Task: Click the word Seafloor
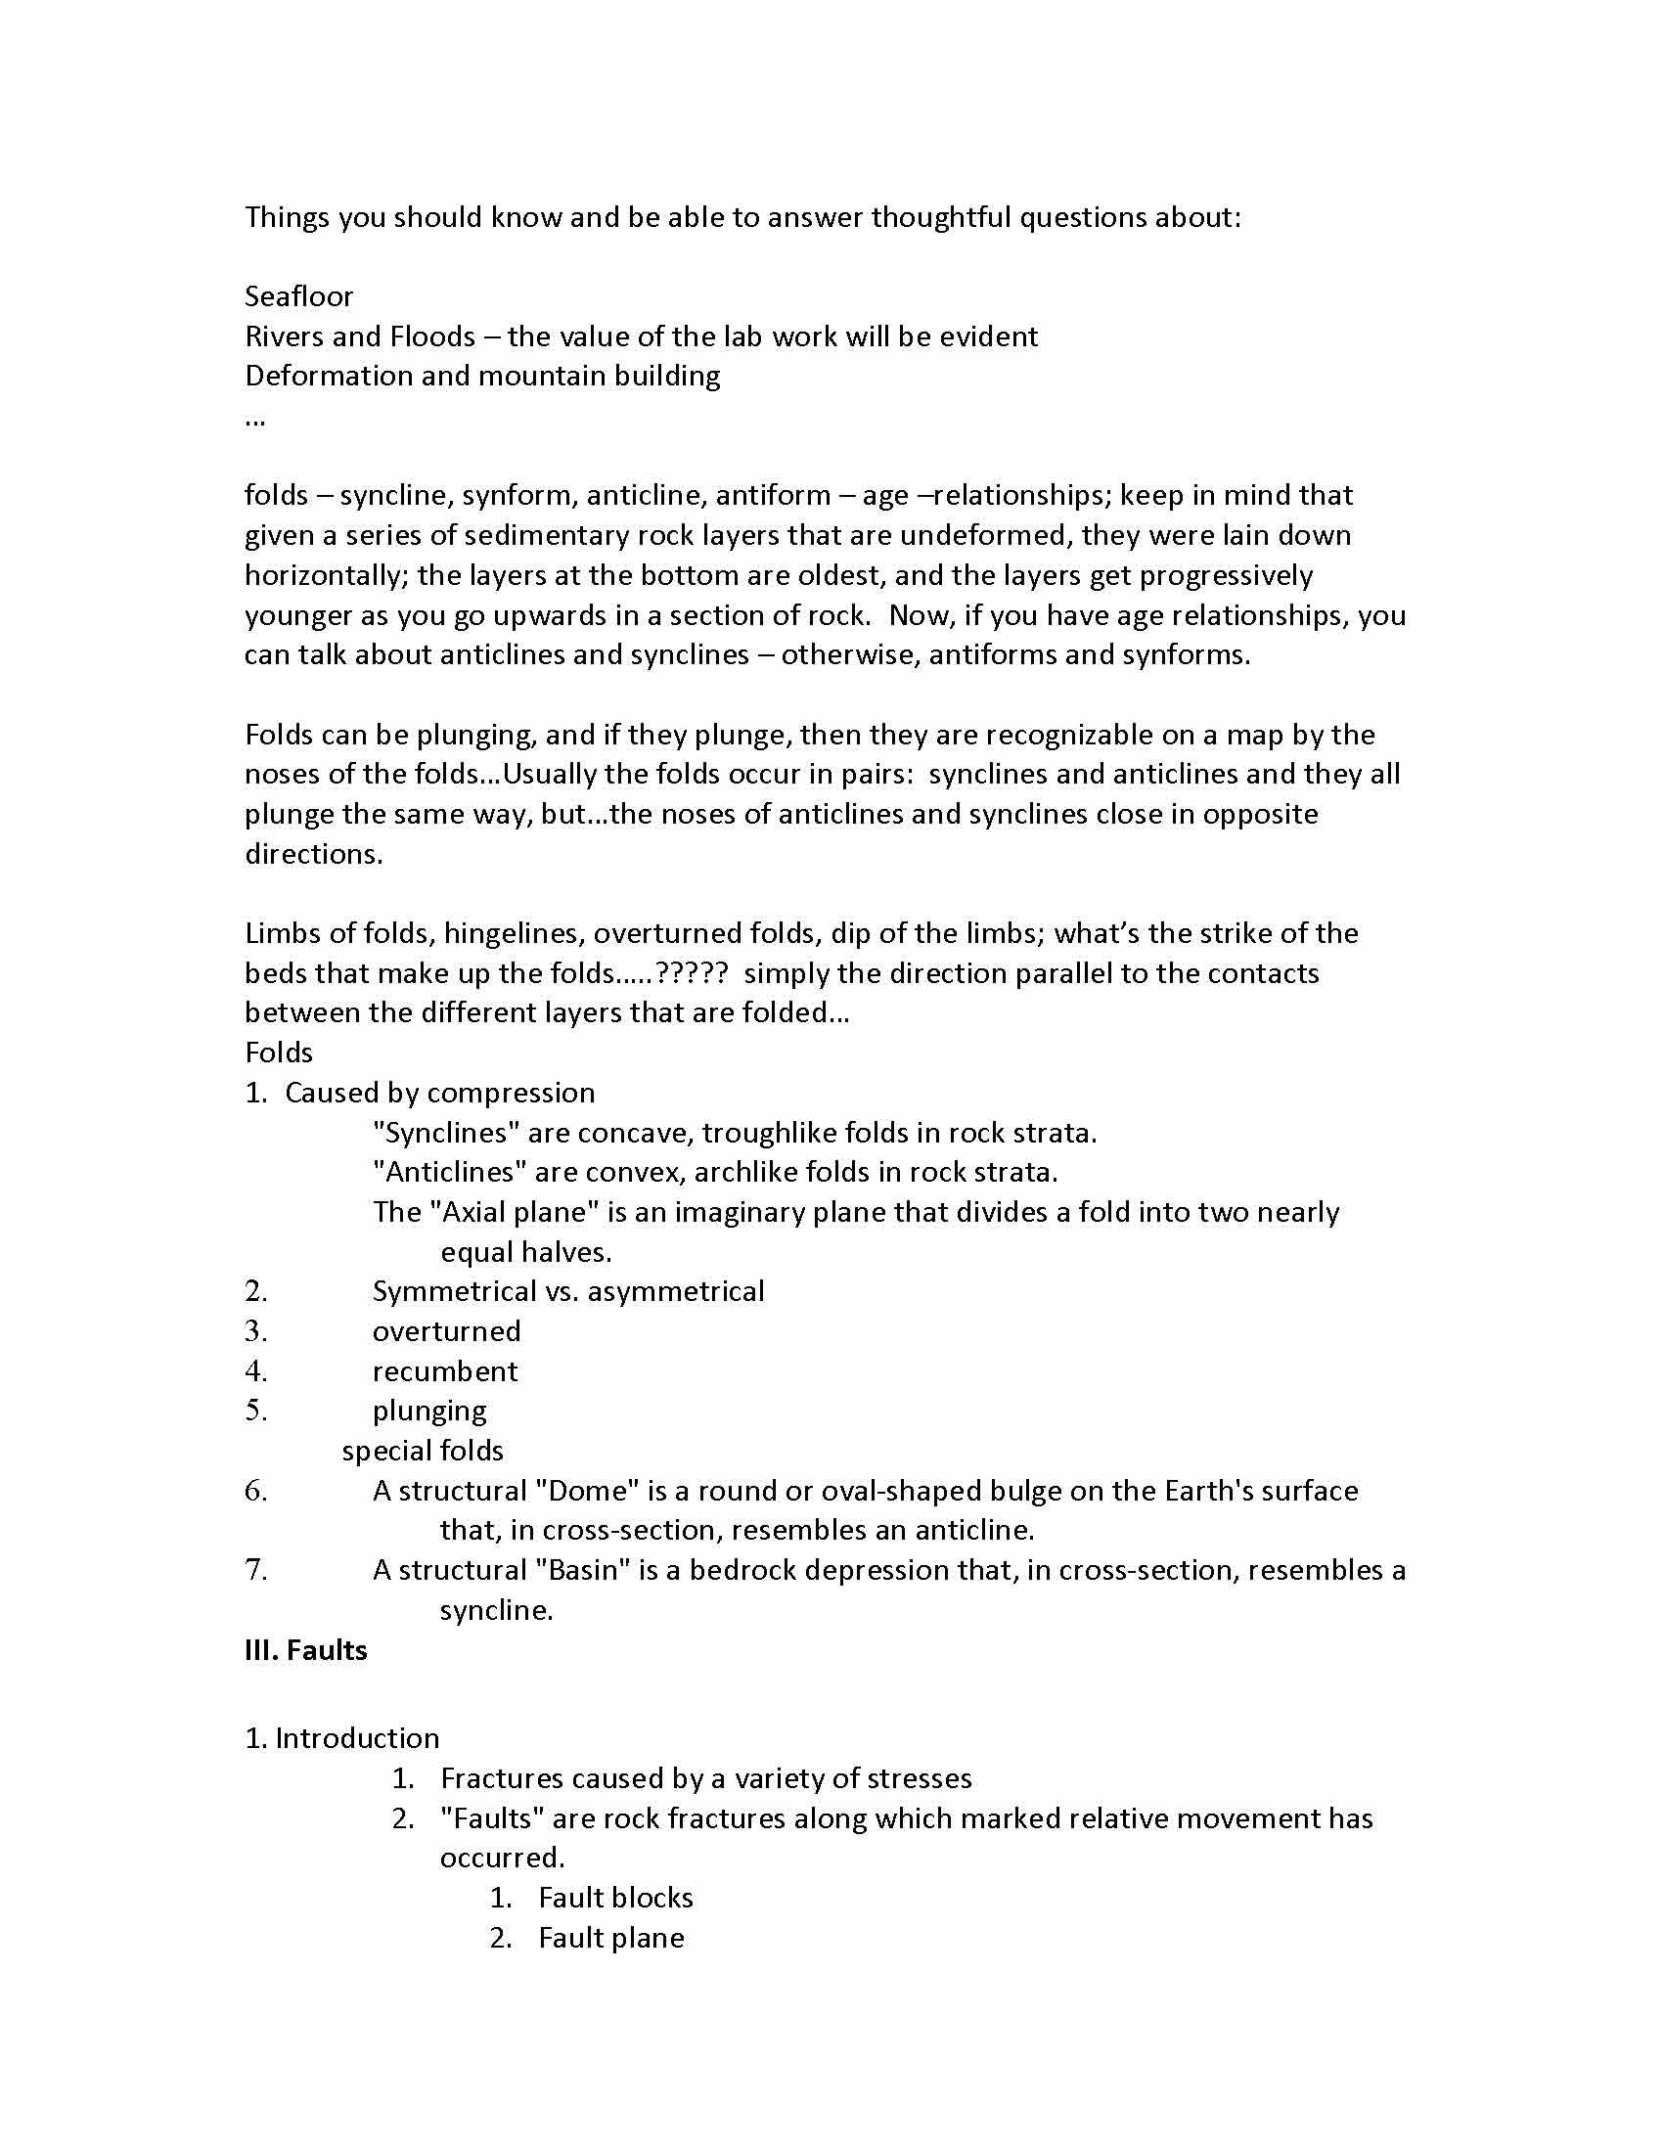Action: click(x=298, y=296)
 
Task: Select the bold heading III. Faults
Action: click(x=305, y=1650)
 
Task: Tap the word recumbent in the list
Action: click(x=444, y=1371)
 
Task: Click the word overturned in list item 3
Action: click(x=446, y=1331)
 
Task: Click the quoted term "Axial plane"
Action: click(x=514, y=1212)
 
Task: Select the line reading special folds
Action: click(x=423, y=1451)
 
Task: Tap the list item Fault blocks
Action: click(x=615, y=1898)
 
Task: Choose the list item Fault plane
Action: click(x=610, y=1938)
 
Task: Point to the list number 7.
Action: click(x=256, y=1570)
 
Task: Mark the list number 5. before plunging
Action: click(x=256, y=1411)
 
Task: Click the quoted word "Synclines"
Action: click(x=446, y=1133)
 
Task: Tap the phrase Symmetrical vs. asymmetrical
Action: click(x=567, y=1292)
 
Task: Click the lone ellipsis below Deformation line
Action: click(x=254, y=420)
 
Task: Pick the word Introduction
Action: click(x=357, y=1738)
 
